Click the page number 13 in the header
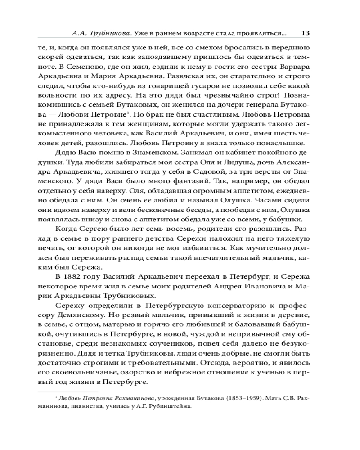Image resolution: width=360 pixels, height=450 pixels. click(305, 33)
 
